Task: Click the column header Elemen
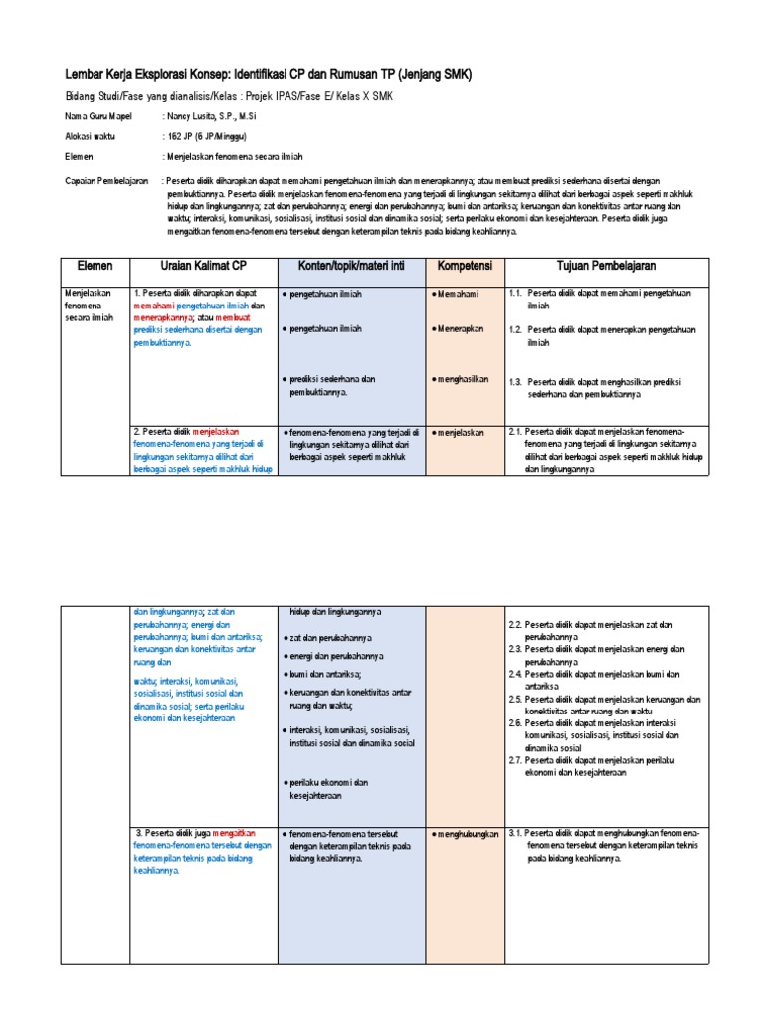(95, 267)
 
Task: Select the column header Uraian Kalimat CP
(197, 267)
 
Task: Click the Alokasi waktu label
(90, 137)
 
